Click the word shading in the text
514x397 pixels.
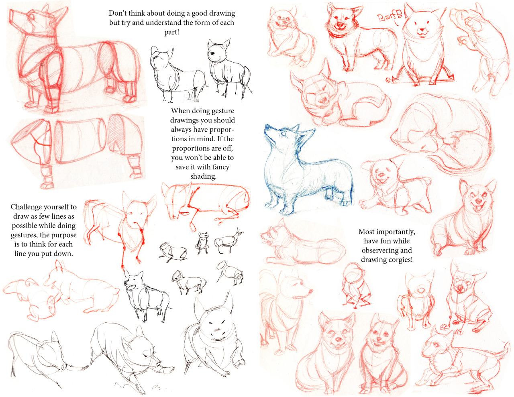tap(203, 176)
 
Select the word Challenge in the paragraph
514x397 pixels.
tap(25, 207)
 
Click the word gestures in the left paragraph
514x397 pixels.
tap(24, 235)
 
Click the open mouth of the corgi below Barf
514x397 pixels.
tap(422, 34)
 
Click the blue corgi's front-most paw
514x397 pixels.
tap(285, 211)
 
